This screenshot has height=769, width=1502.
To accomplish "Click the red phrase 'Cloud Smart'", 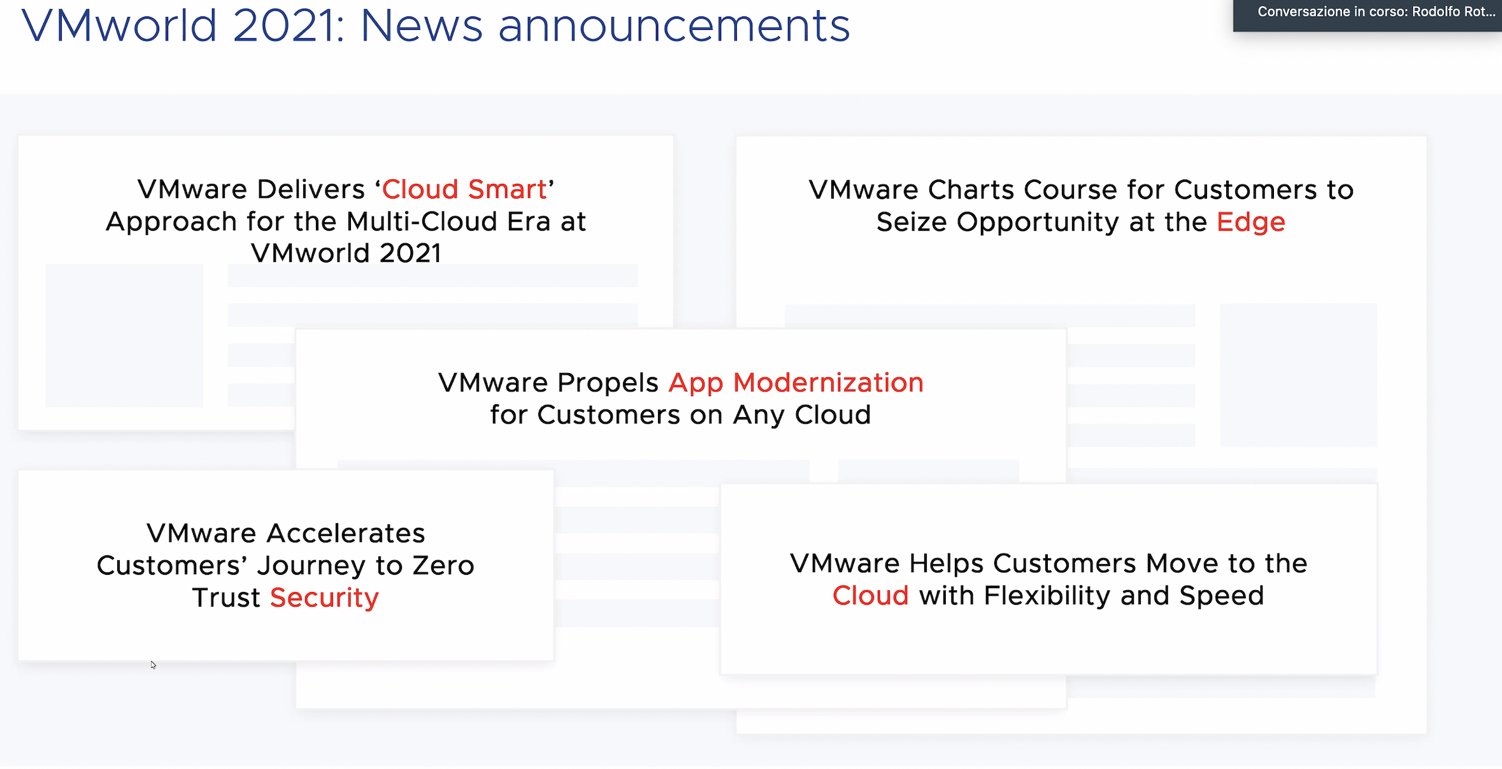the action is click(x=464, y=189).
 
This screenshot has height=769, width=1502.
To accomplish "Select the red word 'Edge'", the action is click(x=1250, y=223).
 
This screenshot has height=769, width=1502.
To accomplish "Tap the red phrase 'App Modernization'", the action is click(x=796, y=383).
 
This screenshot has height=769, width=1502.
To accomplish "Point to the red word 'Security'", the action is click(x=324, y=598).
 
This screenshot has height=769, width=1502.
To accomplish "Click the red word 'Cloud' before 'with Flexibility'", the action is click(x=870, y=596).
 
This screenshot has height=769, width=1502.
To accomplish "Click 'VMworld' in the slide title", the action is click(x=119, y=26).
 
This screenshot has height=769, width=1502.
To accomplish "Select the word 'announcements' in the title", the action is click(x=674, y=27).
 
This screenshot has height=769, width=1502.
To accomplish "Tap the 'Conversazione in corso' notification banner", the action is click(x=1368, y=14).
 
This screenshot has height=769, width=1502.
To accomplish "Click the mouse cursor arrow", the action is click(x=154, y=665).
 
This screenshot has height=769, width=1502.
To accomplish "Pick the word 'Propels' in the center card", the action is click(x=608, y=383).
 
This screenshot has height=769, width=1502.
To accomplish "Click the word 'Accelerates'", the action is click(x=346, y=533).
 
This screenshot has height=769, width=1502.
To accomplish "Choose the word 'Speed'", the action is click(x=1221, y=596).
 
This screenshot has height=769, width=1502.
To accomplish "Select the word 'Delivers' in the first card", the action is click(x=311, y=189).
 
